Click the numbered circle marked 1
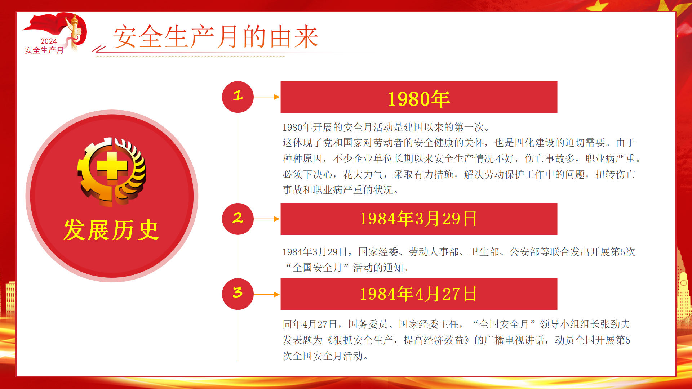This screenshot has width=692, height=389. coord(238,97)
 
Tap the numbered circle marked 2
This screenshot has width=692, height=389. coord(238,219)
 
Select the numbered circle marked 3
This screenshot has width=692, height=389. coord(238,294)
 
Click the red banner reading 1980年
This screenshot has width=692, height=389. coord(419,97)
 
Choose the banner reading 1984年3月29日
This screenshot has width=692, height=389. coord(419,219)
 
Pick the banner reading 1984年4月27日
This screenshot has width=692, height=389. coord(419,294)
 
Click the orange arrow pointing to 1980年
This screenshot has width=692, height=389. coord(267,97)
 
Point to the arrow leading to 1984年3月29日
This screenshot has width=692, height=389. coord(267,219)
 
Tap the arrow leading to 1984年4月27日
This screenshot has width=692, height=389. coord(267,294)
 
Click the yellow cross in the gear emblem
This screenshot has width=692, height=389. coord(112,166)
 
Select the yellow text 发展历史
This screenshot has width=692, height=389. coord(111,230)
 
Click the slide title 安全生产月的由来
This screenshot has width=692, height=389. coord(216,37)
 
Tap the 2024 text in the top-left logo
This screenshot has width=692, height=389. coord(49,41)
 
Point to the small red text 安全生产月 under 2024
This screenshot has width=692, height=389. coord(44,50)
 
